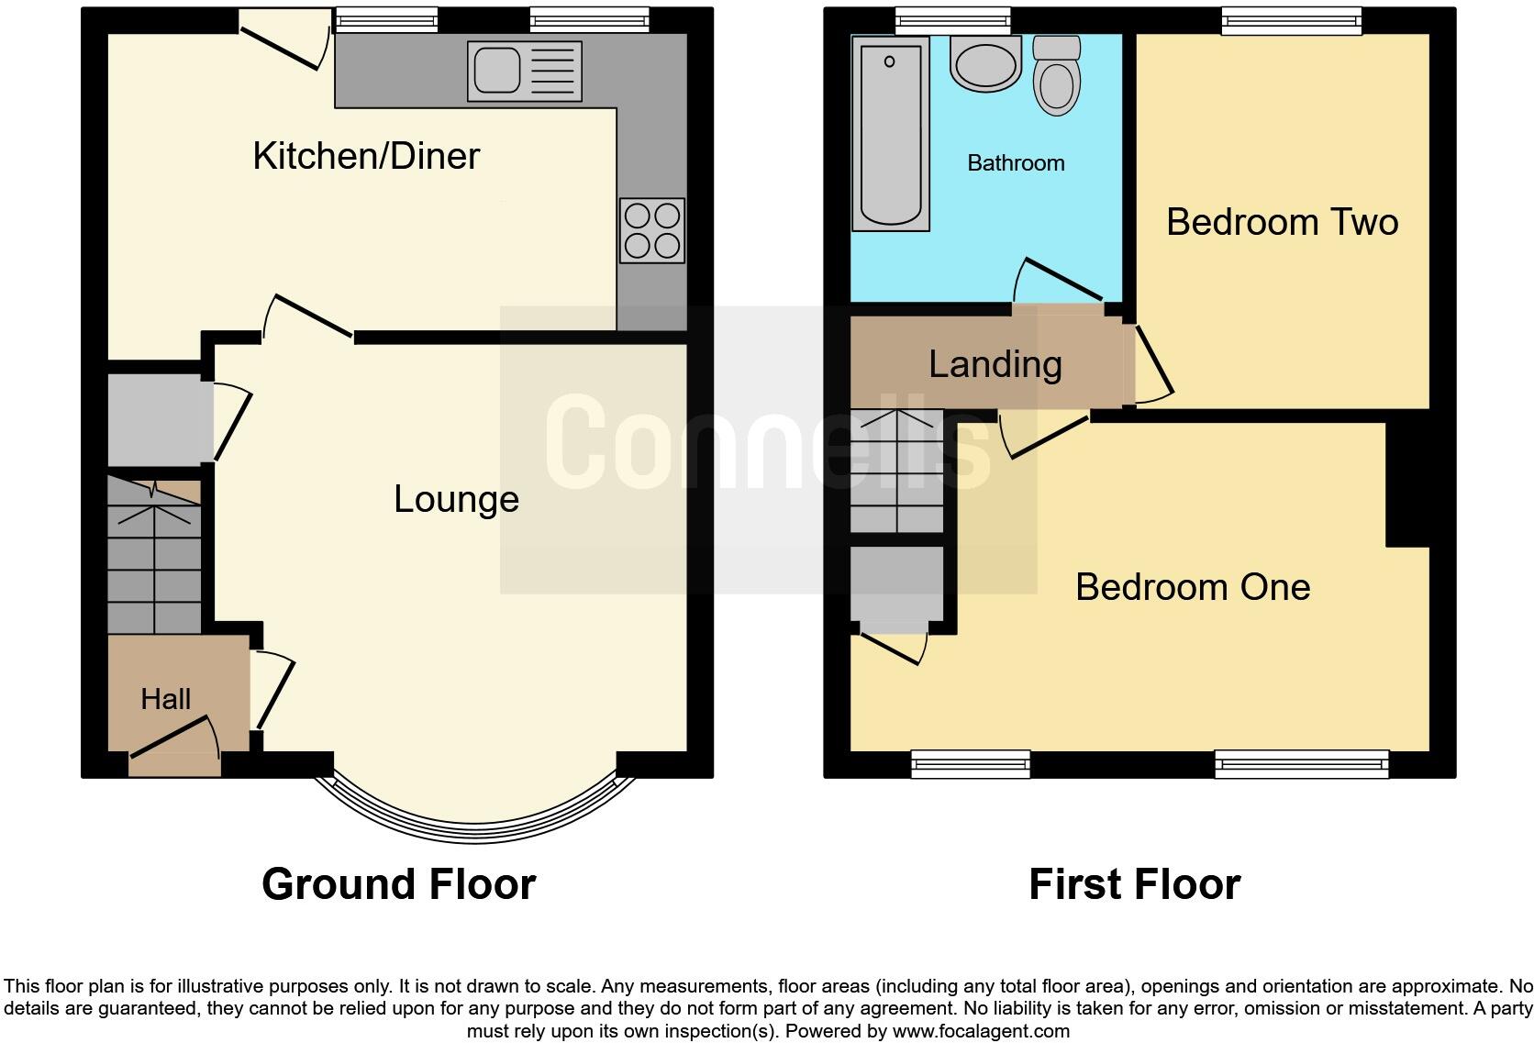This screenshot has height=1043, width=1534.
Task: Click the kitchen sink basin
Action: click(x=496, y=71)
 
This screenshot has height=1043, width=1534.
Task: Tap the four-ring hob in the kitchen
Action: click(x=652, y=231)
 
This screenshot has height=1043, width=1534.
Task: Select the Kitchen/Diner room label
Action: click(x=366, y=156)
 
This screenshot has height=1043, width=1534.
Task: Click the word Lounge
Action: click(x=456, y=499)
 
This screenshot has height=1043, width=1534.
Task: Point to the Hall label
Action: click(x=166, y=699)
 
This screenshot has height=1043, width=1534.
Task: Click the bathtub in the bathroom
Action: click(x=890, y=134)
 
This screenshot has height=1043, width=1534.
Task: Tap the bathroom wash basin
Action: click(x=985, y=63)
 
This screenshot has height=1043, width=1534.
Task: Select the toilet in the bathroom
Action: click(x=1057, y=75)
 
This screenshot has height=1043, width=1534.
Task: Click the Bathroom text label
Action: click(x=1016, y=163)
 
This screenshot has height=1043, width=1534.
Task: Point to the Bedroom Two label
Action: click(x=1282, y=223)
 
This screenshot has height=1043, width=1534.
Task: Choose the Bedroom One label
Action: click(x=1193, y=588)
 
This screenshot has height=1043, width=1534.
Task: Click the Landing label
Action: click(x=995, y=364)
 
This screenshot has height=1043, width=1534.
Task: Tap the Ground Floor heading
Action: click(x=398, y=884)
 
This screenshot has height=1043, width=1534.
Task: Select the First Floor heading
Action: click(x=1135, y=884)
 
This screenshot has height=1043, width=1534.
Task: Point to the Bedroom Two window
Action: click(x=1292, y=21)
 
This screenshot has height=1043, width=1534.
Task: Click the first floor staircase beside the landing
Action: click(x=896, y=472)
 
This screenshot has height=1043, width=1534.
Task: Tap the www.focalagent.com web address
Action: click(x=981, y=1031)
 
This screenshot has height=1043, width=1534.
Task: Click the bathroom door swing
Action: click(x=1058, y=280)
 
